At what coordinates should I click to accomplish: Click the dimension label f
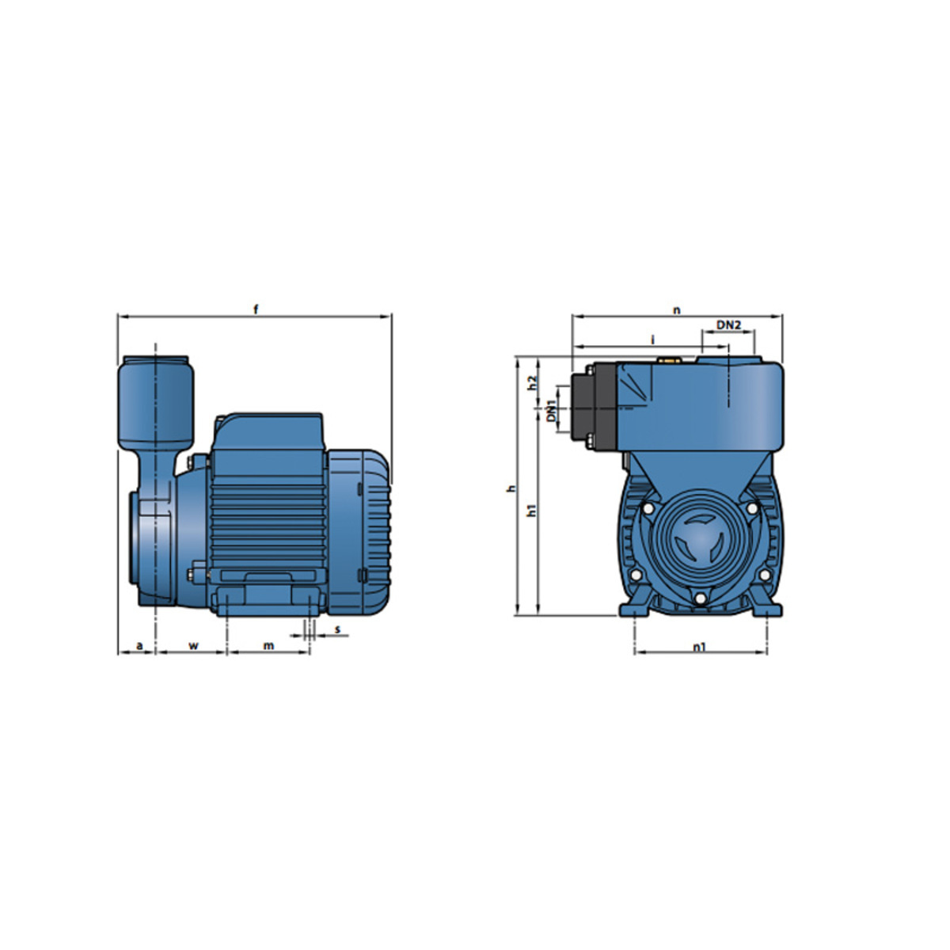(x=256, y=310)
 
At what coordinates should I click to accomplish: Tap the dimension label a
(x=139, y=645)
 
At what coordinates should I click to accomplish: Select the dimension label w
(x=194, y=645)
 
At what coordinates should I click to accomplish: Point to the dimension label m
(x=268, y=645)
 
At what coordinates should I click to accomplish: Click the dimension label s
(x=338, y=629)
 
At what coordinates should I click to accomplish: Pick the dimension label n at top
(x=677, y=310)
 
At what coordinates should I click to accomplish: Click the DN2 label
(x=728, y=325)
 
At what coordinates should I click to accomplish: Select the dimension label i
(x=652, y=339)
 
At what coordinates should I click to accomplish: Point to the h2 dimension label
(x=531, y=383)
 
